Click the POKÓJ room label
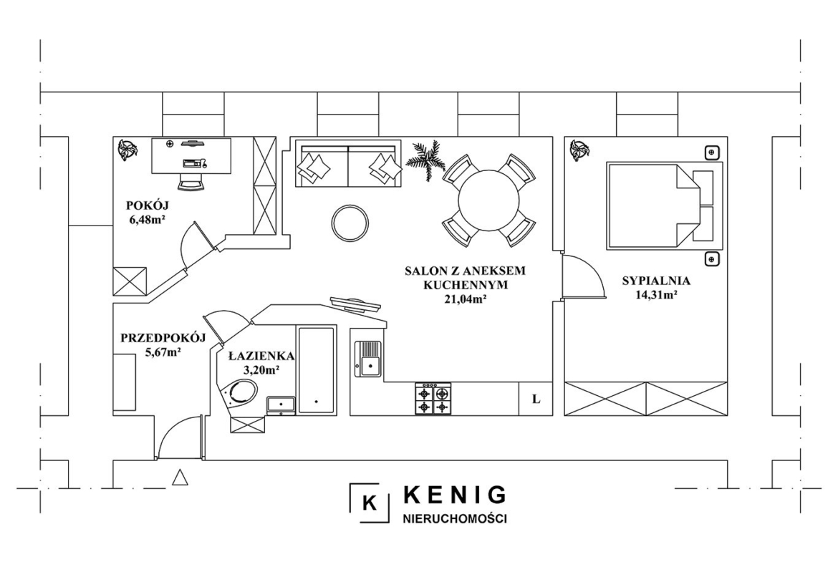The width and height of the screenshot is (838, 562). (143, 205)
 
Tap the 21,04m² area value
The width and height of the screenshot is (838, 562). (464, 299)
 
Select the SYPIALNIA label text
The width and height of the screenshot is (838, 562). (656, 281)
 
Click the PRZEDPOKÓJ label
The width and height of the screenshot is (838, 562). (163, 338)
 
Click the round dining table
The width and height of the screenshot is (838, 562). (488, 200)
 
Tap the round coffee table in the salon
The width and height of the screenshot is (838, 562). (350, 223)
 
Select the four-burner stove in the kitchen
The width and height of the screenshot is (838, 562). (433, 399)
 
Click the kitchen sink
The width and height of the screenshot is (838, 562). (368, 359)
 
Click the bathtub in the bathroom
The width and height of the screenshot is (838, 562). (317, 369)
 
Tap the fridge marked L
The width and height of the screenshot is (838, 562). (536, 399)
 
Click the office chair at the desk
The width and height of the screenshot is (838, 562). (191, 180)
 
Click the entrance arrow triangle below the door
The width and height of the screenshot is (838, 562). (180, 477)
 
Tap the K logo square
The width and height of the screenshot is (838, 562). (370, 503)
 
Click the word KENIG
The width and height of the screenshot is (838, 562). (456, 495)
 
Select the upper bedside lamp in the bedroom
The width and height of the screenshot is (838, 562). (711, 152)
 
